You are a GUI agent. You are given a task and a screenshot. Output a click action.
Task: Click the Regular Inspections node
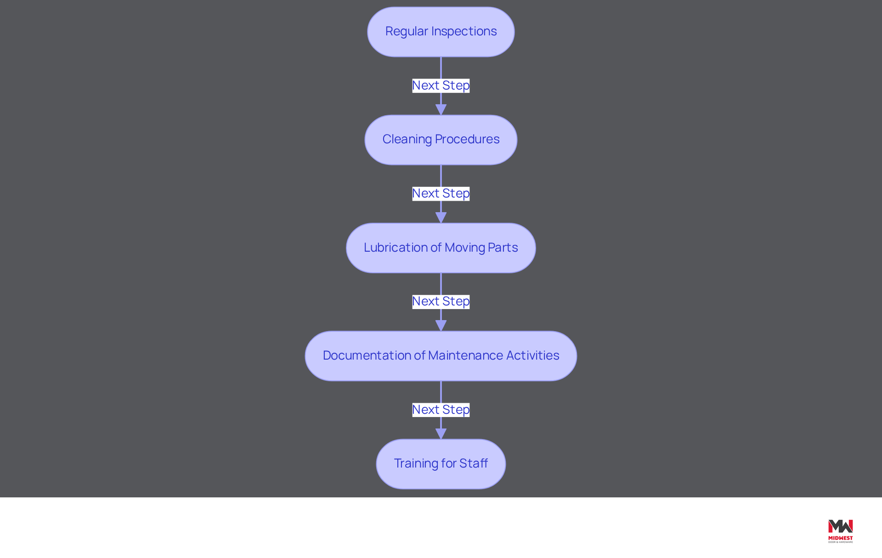(441, 32)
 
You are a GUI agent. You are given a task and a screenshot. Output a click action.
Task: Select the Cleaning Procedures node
(441, 140)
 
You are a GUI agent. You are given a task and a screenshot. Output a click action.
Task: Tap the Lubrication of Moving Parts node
(441, 248)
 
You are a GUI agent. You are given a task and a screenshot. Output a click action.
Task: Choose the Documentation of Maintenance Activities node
(441, 356)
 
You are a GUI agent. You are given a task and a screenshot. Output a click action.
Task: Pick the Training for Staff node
(441, 464)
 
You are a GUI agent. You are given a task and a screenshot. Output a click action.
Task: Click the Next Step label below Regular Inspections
(441, 85)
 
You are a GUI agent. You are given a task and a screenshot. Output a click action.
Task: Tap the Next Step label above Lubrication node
(441, 193)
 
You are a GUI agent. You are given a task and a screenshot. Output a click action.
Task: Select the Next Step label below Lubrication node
(441, 301)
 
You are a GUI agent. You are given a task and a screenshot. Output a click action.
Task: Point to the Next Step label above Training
(441, 410)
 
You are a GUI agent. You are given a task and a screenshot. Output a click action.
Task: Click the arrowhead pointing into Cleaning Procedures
(441, 110)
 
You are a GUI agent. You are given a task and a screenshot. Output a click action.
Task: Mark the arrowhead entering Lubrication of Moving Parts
(441, 218)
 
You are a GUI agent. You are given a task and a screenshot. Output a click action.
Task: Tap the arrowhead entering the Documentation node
(441, 326)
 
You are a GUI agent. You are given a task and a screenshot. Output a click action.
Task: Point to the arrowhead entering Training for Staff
(441, 434)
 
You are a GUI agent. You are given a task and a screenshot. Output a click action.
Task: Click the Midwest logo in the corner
(841, 531)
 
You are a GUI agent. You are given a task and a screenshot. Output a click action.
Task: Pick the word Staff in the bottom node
(474, 463)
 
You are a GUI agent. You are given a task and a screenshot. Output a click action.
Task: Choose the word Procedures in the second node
(467, 139)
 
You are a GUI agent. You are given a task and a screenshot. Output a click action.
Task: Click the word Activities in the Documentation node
(533, 355)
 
